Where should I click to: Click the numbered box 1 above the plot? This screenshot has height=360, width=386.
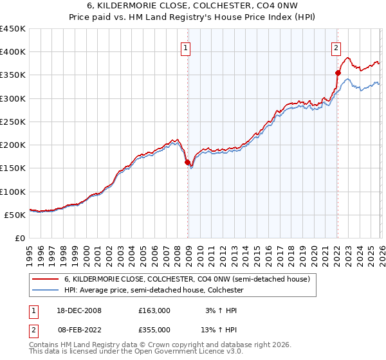185,47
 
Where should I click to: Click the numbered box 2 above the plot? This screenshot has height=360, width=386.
336,47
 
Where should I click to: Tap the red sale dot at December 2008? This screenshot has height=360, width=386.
187,163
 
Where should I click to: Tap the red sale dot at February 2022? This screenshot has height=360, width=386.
337,73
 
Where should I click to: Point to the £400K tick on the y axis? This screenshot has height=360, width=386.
13,52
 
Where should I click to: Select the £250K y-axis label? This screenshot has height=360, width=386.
13,122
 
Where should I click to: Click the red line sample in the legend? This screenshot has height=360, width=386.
46,280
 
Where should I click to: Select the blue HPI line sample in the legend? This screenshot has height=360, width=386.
46,291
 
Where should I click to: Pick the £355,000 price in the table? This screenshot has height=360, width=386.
154,329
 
